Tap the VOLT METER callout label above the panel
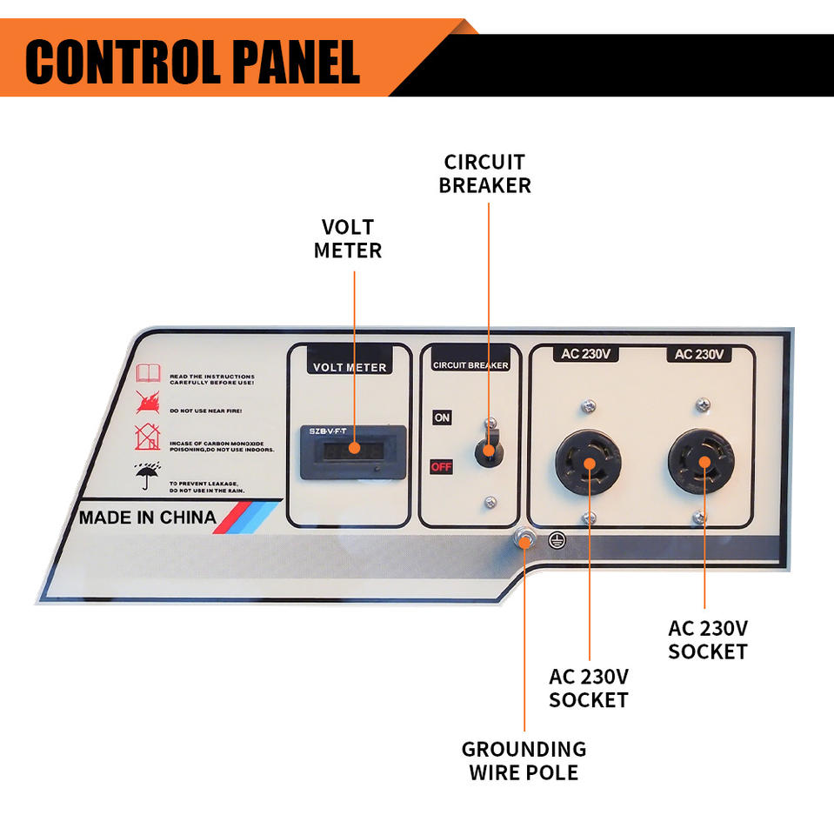click(348, 238)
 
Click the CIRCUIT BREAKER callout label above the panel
click(484, 173)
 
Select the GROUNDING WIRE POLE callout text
click(524, 760)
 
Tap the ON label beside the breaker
click(442, 417)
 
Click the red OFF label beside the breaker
click(442, 467)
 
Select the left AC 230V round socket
click(589, 464)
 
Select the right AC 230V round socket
click(701, 464)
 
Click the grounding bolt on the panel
click(524, 539)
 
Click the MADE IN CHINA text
click(148, 518)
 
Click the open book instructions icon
click(149, 375)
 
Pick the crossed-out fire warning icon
click(148, 401)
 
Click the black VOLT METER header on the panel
click(349, 366)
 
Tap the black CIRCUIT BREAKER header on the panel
click(470, 365)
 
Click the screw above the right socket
click(703, 404)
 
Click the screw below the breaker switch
click(490, 502)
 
